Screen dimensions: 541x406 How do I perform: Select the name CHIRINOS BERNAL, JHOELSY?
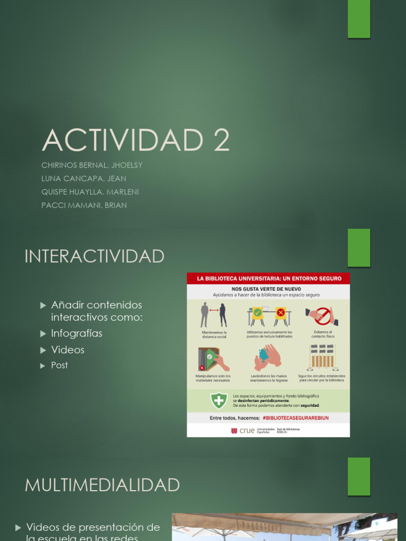tap(92, 165)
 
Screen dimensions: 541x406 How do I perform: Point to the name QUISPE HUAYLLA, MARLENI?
tap(90, 192)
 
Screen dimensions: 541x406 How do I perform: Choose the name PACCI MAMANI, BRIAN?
tap(84, 205)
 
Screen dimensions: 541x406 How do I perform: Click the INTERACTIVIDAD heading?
tap(95, 257)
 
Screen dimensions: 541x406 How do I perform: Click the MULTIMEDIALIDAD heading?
tap(103, 485)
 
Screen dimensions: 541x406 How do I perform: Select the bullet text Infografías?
tap(77, 333)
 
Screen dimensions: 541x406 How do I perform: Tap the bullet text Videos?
tap(68, 350)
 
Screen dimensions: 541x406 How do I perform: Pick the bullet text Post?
tap(59, 365)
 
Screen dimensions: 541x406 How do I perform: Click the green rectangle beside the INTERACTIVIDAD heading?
tap(359, 248)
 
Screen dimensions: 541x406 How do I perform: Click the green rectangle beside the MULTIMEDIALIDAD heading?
tap(359, 476)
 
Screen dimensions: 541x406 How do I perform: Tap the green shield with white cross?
tap(219, 400)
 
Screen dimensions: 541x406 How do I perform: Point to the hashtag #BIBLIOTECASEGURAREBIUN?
tap(296, 418)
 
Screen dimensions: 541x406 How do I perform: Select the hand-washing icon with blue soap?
tap(267, 357)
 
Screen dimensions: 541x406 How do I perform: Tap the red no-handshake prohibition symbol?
tap(322, 315)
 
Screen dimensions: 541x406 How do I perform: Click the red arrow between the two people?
tap(214, 310)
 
